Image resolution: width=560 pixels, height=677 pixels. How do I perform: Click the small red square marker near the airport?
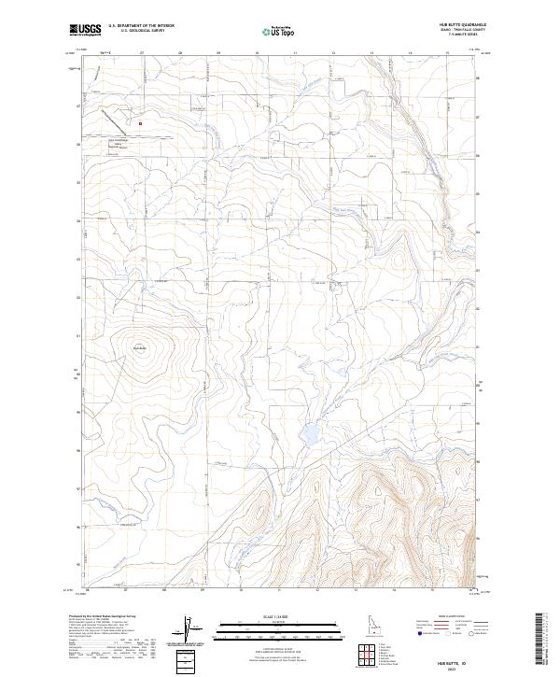pos(140,121)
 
